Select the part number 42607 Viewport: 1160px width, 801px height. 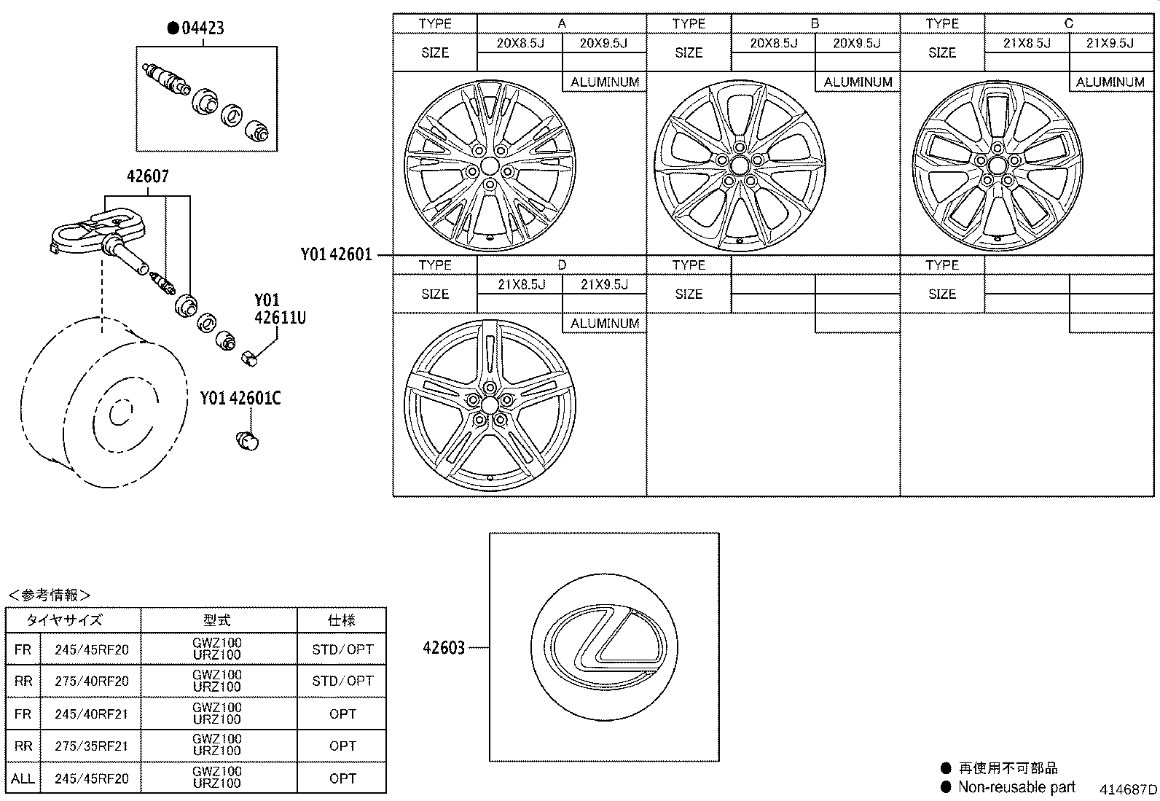coord(148,176)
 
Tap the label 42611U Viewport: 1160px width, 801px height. coord(280,317)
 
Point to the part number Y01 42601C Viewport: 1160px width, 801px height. coord(240,398)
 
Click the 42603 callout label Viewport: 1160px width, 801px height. coord(443,647)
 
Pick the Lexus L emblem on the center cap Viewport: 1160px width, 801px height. coord(604,646)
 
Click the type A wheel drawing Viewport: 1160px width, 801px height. coord(489,167)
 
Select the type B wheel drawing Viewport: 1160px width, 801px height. coord(740,166)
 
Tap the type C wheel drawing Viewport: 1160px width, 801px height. coord(997,166)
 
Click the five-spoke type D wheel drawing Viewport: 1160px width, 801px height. coord(489,405)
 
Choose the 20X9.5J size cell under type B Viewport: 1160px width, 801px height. coord(857,43)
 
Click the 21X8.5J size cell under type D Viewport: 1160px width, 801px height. coord(521,284)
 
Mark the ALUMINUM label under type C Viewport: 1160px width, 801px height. coord(1110,82)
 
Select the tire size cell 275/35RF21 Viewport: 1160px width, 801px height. coord(92,746)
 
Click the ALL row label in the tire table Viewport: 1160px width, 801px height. coord(23,778)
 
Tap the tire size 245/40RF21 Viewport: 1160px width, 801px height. coord(92,714)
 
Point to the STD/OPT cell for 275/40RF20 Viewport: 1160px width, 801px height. coord(342,681)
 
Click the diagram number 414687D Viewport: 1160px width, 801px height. coord(1128,789)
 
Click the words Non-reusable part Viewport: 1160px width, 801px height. coord(1016,786)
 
